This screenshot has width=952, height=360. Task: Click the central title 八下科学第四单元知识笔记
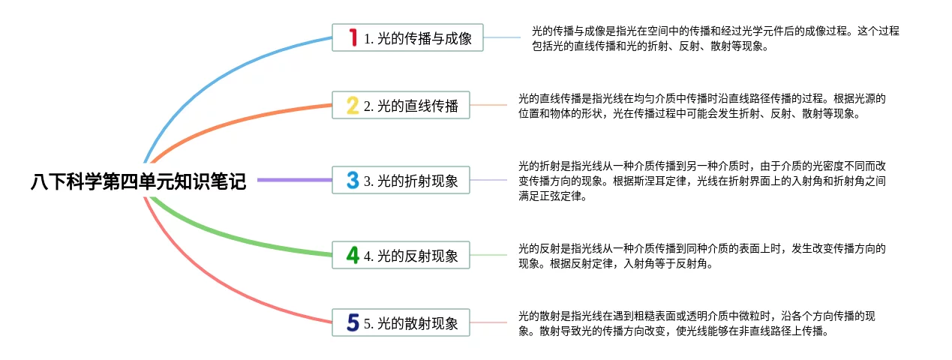click(139, 181)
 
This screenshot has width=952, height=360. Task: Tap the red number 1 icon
click(353, 37)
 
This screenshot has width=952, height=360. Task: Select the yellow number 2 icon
click(353, 106)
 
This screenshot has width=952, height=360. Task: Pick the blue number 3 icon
click(353, 180)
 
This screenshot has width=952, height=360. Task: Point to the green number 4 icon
click(353, 255)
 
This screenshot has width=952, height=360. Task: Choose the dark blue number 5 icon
click(353, 323)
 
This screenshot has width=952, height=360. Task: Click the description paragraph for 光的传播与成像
click(715, 38)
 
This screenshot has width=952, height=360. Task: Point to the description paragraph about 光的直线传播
click(702, 106)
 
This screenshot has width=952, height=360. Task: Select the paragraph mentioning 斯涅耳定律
click(702, 181)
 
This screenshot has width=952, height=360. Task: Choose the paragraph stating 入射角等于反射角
click(702, 256)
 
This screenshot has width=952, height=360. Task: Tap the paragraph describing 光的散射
click(696, 323)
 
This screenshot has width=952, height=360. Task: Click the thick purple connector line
click(294, 180)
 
